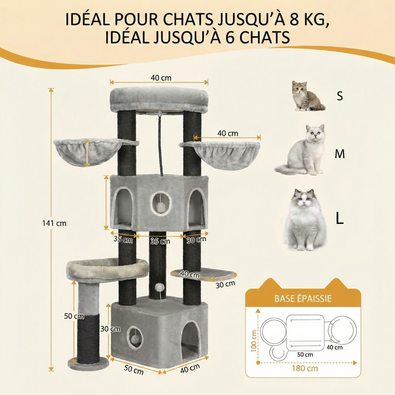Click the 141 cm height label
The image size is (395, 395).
[54, 223]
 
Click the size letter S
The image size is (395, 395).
[339, 96]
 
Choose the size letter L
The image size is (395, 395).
[339, 218]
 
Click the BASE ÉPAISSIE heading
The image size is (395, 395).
[303, 298]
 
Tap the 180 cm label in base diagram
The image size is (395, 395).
[305, 368]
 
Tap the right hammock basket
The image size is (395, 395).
[221, 154]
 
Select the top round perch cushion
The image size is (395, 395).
[159, 99]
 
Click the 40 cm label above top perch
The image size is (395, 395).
[161, 78]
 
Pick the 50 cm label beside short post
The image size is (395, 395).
[74, 316]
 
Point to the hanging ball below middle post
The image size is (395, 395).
[158, 288]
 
